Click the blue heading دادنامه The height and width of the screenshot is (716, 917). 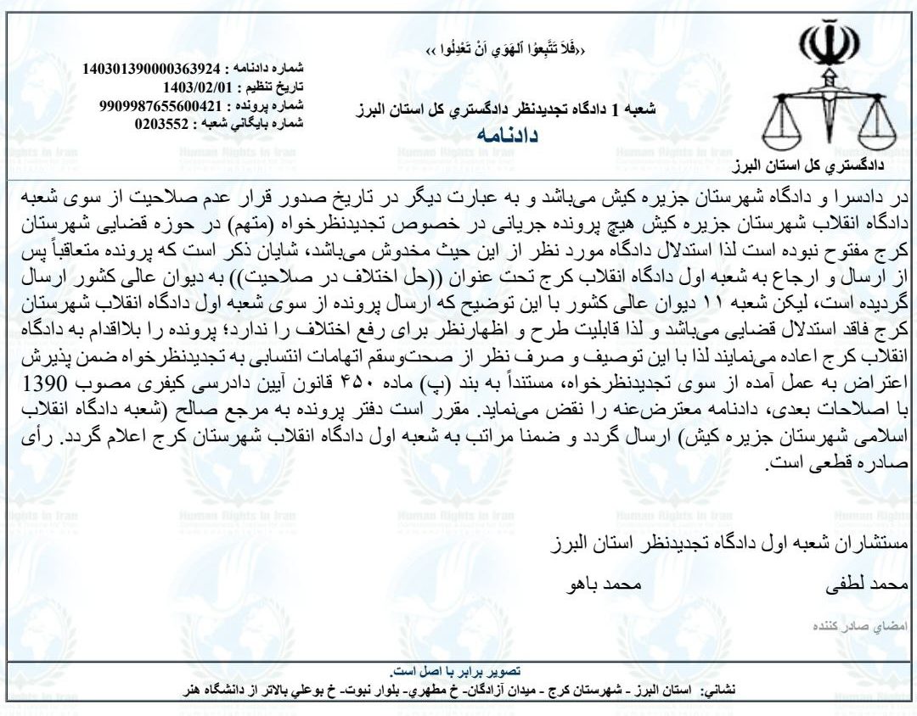click(x=508, y=136)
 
